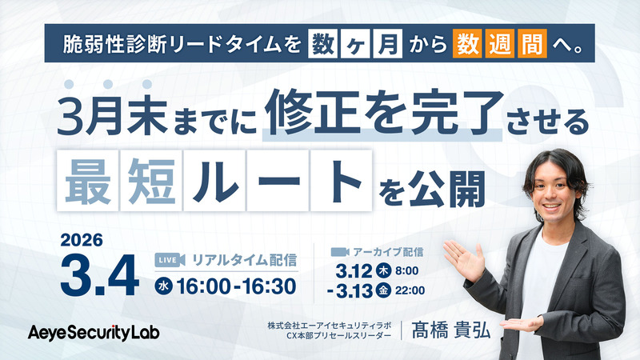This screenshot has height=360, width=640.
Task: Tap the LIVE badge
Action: [x=166, y=259]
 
